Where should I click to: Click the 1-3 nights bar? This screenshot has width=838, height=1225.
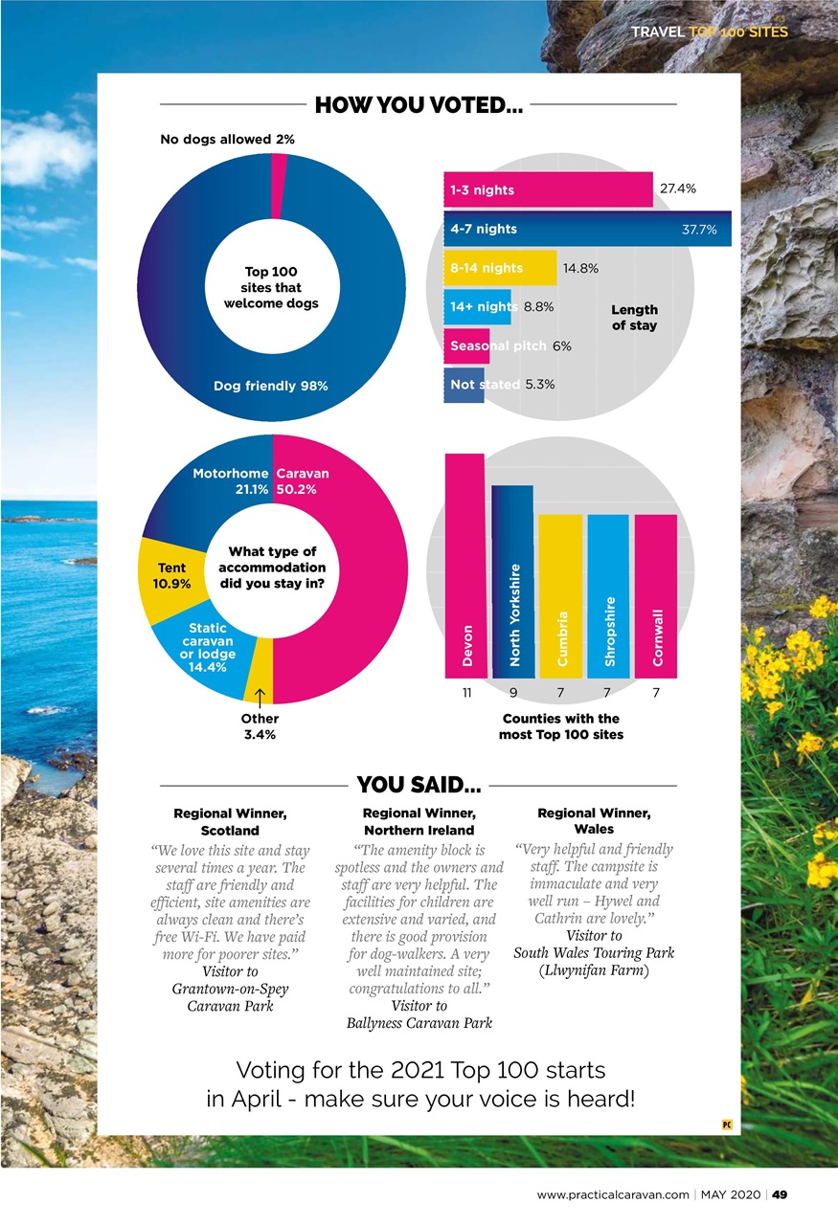pyautogui.click(x=548, y=189)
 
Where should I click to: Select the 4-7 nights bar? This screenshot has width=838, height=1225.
pyautogui.click(x=587, y=229)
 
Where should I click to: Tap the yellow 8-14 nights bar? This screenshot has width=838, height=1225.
pyautogui.click(x=500, y=268)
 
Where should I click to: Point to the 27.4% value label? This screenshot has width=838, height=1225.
pyautogui.click(x=677, y=189)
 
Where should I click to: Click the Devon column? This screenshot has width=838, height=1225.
pyautogui.click(x=465, y=566)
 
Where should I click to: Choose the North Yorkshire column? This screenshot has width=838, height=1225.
pyautogui.click(x=512, y=582)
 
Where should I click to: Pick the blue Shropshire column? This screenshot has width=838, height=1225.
pyautogui.click(x=608, y=596)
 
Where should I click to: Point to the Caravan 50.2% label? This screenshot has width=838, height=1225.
pyautogui.click(x=302, y=480)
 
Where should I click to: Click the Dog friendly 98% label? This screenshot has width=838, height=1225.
pyautogui.click(x=270, y=386)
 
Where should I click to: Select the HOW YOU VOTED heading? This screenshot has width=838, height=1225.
pyautogui.click(x=418, y=105)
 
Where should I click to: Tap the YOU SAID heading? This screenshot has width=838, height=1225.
pyautogui.click(x=419, y=787)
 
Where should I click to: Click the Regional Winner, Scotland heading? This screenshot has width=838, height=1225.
pyautogui.click(x=230, y=821)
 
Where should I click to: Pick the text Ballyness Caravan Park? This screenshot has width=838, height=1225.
pyautogui.click(x=419, y=1022)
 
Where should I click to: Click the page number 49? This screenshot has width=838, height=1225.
pyautogui.click(x=779, y=1194)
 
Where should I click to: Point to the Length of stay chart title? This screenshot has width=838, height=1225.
pyautogui.click(x=634, y=317)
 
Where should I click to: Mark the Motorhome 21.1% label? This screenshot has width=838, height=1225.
pyautogui.click(x=230, y=480)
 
